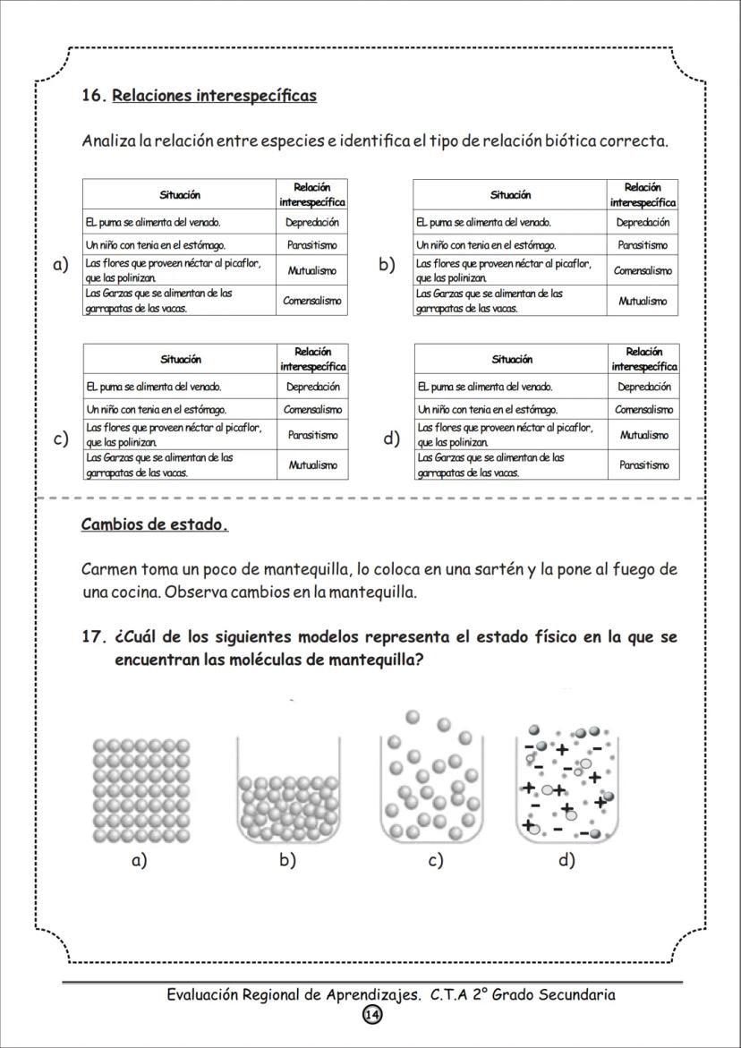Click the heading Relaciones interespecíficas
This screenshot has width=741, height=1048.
(x=214, y=96)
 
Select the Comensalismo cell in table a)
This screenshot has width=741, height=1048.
(x=311, y=301)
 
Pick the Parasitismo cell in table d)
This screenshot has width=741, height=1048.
(x=643, y=465)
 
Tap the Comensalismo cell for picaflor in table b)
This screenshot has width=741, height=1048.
(x=643, y=270)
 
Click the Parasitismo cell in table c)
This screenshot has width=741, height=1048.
(x=312, y=435)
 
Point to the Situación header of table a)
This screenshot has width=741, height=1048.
(x=180, y=194)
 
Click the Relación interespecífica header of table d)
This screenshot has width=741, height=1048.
(x=644, y=359)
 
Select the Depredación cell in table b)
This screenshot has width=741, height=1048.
(x=643, y=222)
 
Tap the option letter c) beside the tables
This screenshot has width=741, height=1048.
(x=61, y=439)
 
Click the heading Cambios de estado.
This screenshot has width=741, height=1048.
(x=154, y=524)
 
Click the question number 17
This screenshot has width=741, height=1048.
(x=94, y=637)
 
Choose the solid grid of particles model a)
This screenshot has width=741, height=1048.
(x=139, y=789)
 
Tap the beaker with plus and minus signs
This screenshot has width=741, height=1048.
(x=567, y=783)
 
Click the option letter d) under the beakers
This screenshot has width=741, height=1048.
(x=566, y=861)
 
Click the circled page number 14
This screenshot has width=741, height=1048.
(x=371, y=1015)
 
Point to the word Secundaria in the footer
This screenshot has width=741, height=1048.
(x=571, y=994)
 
